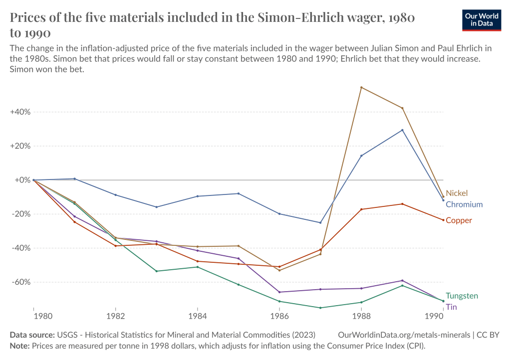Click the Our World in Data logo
[x=481, y=19]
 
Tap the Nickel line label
[x=457, y=193]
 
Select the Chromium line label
[x=464, y=204]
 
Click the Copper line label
[x=458, y=220]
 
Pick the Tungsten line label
[x=462, y=296]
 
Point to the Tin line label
[x=451, y=307]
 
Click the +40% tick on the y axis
[x=20, y=112]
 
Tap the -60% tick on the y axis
[x=20, y=282]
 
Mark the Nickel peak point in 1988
[x=361, y=87]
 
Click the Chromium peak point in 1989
[x=402, y=130]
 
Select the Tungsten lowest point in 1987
[x=320, y=308]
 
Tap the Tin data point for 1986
[x=279, y=292]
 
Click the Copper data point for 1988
[x=361, y=209]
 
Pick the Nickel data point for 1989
[x=402, y=108]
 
